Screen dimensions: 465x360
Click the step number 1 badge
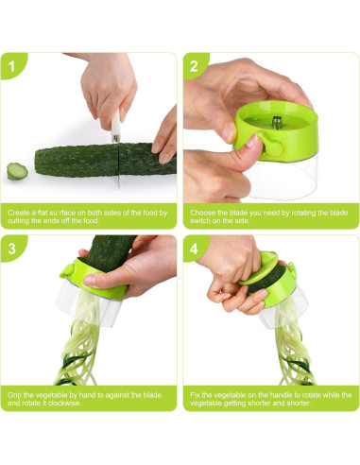tap(12, 67)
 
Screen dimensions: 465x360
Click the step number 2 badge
tap(194, 67)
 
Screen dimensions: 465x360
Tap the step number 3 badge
tap(12, 250)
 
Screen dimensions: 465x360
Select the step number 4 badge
tap(194, 250)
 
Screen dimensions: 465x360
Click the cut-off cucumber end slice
tap(17, 172)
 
